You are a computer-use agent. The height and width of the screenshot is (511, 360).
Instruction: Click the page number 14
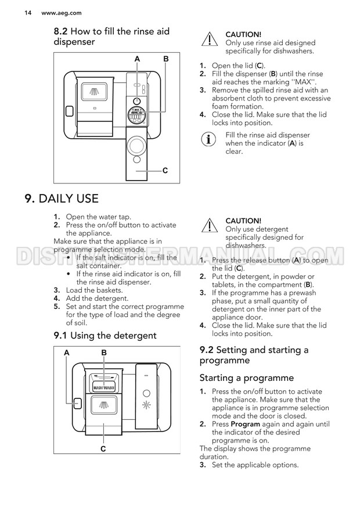pyautogui.click(x=12, y=12)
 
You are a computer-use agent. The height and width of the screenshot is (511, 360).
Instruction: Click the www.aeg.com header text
pyautogui.click(x=44, y=12)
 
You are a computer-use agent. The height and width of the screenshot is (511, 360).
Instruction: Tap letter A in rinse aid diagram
pyautogui.click(x=138, y=59)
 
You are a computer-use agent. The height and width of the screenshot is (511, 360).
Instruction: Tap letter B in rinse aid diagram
pyautogui.click(x=166, y=59)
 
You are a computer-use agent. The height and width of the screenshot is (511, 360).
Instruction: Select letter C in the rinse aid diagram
pyautogui.click(x=165, y=171)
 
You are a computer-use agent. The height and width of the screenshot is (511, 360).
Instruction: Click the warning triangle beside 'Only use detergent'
pyautogui.click(x=208, y=226)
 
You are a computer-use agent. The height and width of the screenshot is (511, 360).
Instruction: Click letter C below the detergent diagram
pyautogui.click(x=103, y=448)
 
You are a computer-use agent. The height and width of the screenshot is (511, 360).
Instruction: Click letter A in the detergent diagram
pyautogui.click(x=67, y=352)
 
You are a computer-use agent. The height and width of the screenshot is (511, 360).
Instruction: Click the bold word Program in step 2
pyautogui.click(x=228, y=424)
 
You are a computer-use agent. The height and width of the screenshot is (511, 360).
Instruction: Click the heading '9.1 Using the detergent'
pyautogui.click(x=105, y=335)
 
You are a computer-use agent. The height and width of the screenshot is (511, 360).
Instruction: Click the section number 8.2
pyautogui.click(x=62, y=31)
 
